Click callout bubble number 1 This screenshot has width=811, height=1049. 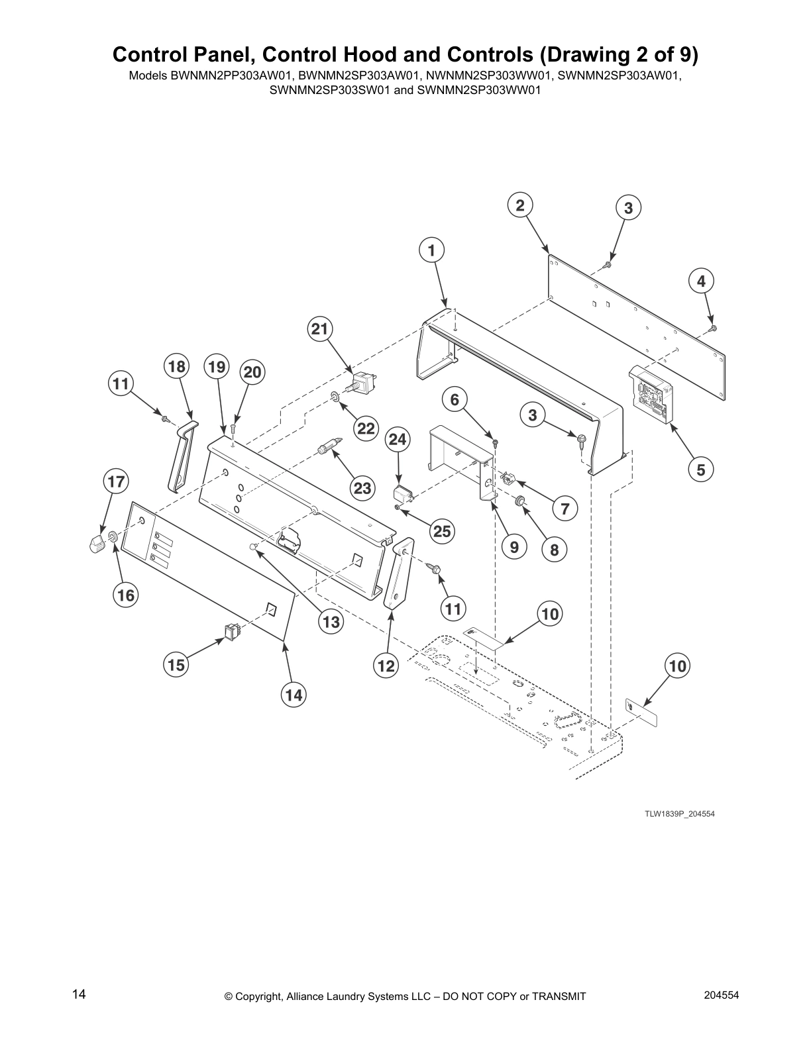coord(431,251)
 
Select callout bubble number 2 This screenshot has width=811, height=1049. coord(520,205)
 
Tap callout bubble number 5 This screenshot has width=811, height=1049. coord(701,470)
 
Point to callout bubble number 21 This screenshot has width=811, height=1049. coord(320,329)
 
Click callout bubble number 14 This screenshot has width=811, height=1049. coord(294,695)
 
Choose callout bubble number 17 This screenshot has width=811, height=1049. coord(116,481)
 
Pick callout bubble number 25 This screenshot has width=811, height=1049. coord(441,530)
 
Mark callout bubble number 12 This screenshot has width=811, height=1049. coord(386,666)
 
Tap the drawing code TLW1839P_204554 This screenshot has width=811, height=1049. coord(680,813)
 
